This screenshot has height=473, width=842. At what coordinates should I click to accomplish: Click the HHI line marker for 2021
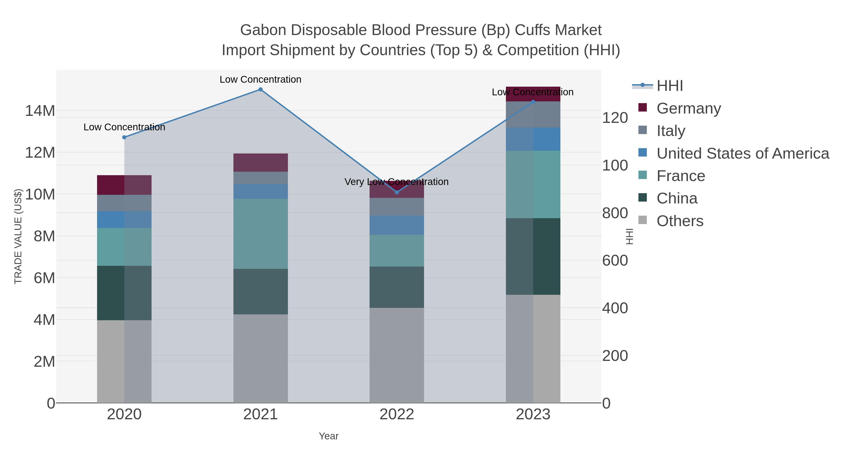pyautogui.click(x=261, y=89)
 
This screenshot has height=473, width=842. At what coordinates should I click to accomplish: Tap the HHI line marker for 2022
pyautogui.click(x=397, y=192)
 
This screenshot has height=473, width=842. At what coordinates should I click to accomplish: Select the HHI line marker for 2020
pyautogui.click(x=124, y=137)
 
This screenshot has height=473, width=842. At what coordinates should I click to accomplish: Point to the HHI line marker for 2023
pyautogui.click(x=533, y=102)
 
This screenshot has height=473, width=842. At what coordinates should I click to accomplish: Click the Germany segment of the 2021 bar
pyautogui.click(x=261, y=163)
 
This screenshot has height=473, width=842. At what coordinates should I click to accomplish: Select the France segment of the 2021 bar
pyautogui.click(x=261, y=234)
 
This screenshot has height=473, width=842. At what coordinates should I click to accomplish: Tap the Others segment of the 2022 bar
pyautogui.click(x=397, y=355)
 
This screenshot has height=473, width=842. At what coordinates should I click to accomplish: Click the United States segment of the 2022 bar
pyautogui.click(x=397, y=225)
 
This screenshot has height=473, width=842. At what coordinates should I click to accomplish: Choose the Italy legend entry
pyautogui.click(x=671, y=131)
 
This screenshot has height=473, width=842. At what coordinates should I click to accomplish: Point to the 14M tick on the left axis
pyautogui.click(x=40, y=111)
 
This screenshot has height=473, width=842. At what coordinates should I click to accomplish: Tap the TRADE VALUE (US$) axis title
pyautogui.click(x=18, y=236)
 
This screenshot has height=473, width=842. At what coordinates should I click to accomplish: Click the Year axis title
pyautogui.click(x=329, y=436)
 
